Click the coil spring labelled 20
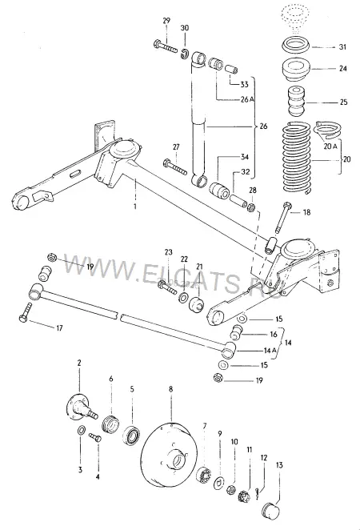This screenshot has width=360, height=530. pos(296,158)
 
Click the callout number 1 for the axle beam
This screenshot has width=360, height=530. pos(135,206)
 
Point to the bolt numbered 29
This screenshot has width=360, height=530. pos(165,46)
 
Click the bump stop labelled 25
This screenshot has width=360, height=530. pos(296,102)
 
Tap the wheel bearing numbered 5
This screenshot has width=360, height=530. pos(131,436)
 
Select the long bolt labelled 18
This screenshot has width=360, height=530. pos(282,217)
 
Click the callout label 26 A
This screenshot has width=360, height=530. pos(247,99)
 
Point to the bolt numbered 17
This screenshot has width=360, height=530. pos(26,312)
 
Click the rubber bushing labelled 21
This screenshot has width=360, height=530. pos(196,305)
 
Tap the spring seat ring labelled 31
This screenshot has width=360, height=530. pos(295,46)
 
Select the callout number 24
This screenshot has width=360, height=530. pos(342,69)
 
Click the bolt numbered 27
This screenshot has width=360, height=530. pos(175,167)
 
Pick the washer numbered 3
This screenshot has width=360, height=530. pos(81,430)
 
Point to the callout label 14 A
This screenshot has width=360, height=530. pos(270,351)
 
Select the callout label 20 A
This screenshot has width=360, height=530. pos(330,146)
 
